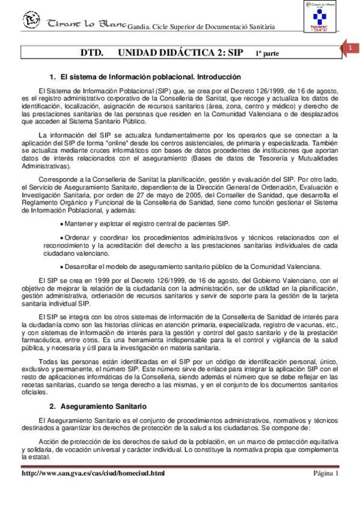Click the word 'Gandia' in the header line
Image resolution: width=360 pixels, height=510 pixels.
[142, 27]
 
